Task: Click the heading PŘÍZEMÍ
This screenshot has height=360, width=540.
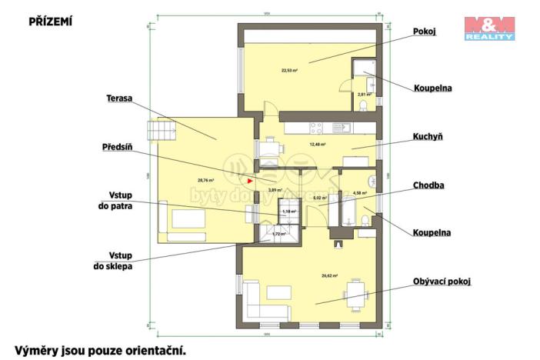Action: [x=50, y=21]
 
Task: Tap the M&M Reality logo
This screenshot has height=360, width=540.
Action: [x=489, y=27]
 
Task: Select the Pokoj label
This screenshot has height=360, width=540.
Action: [x=424, y=31]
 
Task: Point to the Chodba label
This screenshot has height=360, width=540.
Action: [x=429, y=185]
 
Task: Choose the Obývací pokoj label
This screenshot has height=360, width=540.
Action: [x=441, y=282]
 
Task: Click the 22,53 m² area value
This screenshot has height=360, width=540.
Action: [x=290, y=68]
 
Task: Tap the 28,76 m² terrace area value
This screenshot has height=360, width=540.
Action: [x=205, y=180]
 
